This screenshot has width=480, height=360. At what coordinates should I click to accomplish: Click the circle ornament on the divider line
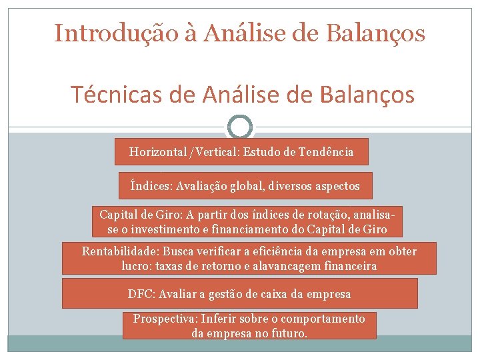click(x=240, y=126)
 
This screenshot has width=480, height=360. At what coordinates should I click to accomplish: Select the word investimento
click(x=164, y=229)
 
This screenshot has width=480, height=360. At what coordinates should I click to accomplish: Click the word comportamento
click(x=325, y=319)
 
